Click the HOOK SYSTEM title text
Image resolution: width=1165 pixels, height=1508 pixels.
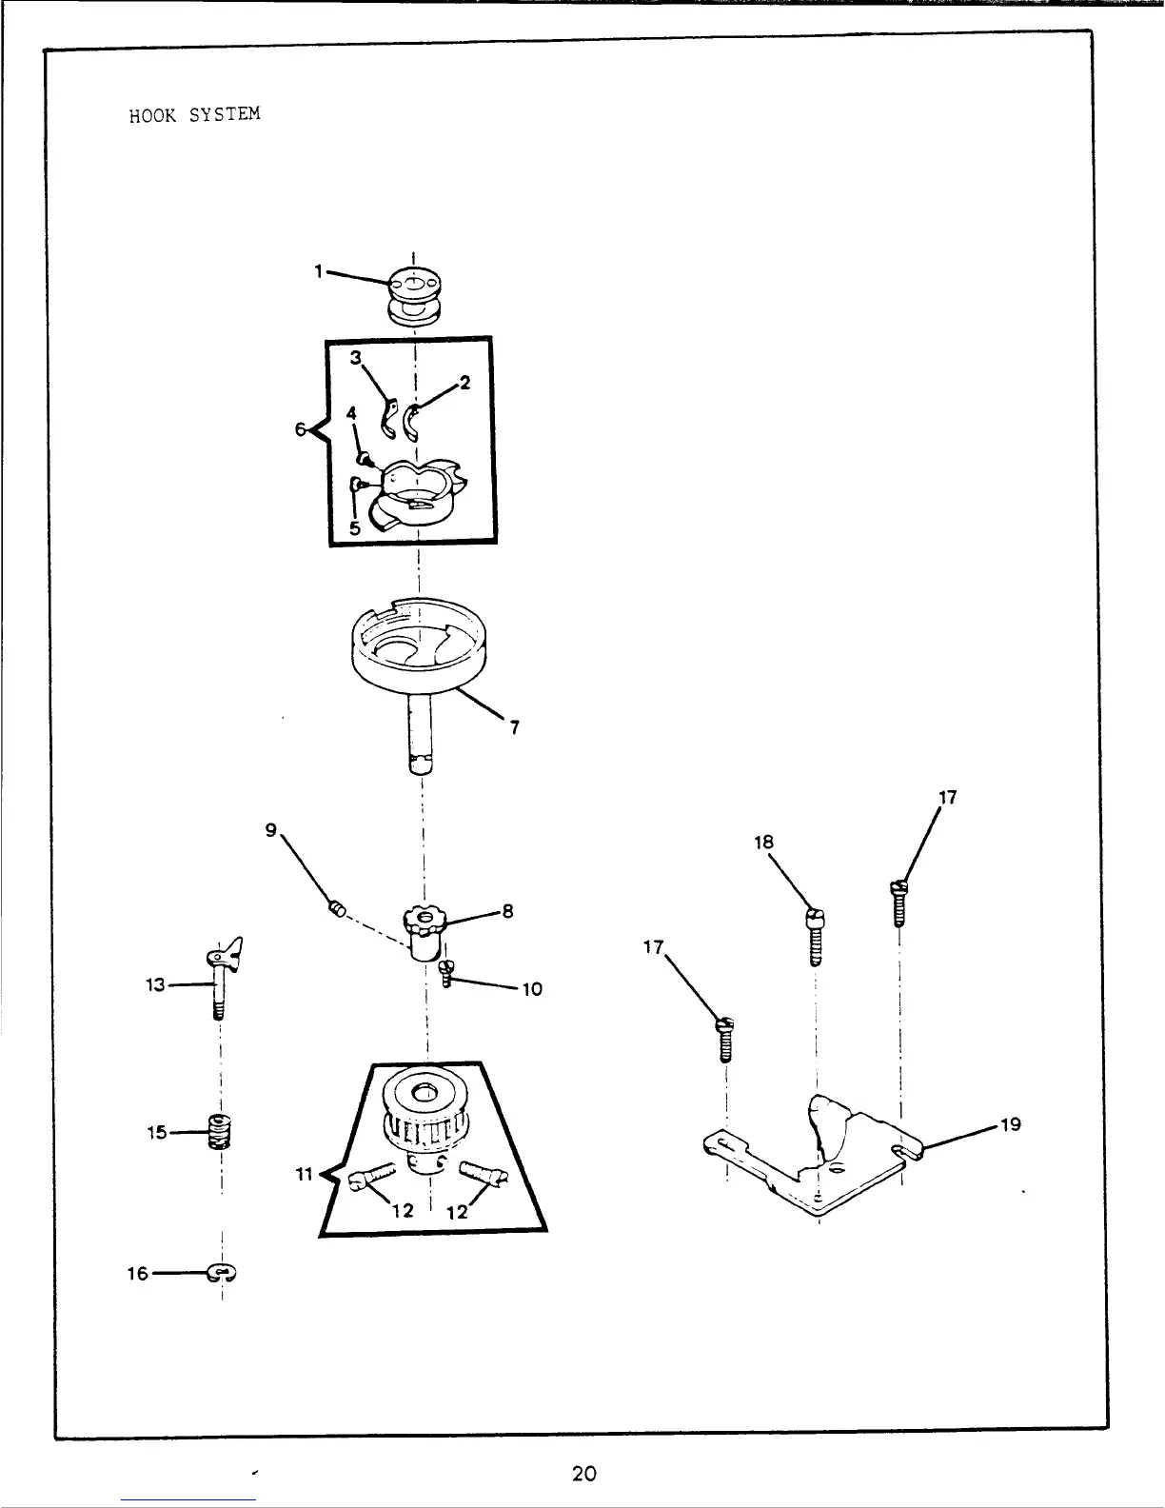tap(194, 115)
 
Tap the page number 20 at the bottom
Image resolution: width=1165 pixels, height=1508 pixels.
tap(584, 1474)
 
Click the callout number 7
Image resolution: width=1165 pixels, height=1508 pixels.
tap(514, 728)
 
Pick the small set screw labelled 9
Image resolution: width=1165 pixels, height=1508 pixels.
tap(336, 908)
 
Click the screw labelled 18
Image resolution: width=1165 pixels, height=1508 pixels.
tap(816, 935)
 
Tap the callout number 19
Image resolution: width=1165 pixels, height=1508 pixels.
tap(1010, 1124)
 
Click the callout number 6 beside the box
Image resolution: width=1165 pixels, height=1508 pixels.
tap(300, 430)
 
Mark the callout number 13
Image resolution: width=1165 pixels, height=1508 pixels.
tap(155, 985)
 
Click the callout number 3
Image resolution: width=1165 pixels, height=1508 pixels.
tap(356, 358)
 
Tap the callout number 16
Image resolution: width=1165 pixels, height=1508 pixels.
tap(138, 1273)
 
